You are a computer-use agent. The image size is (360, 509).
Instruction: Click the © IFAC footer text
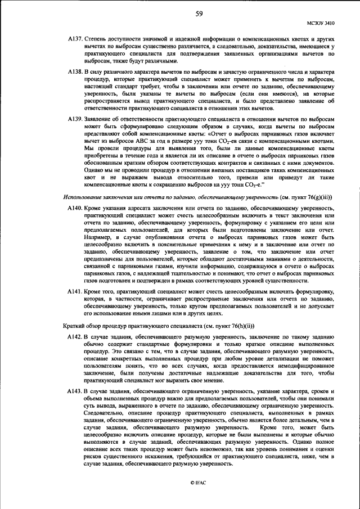[x=198, y=483]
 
